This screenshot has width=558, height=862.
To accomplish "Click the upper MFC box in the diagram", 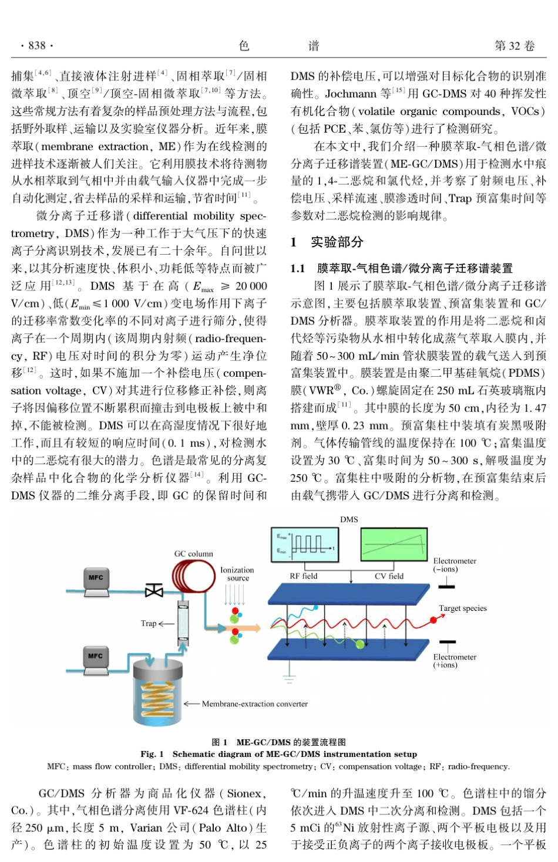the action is click(x=96, y=578).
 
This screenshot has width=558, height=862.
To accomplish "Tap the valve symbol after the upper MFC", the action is click(x=154, y=590).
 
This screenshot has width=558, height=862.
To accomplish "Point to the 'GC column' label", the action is click(x=193, y=553).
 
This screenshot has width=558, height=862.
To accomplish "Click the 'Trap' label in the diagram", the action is click(x=149, y=623).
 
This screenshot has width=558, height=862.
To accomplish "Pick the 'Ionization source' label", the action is click(x=237, y=574).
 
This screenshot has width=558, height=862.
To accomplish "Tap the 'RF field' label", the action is click(x=303, y=576).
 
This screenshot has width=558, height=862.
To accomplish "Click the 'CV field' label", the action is click(x=389, y=576).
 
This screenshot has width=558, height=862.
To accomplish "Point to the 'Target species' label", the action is click(x=463, y=609).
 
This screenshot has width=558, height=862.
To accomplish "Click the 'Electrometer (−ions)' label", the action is click(x=455, y=565).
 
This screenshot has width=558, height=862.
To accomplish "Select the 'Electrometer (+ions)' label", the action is click(x=455, y=661).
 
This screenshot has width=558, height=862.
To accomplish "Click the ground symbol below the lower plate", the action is click(x=288, y=679).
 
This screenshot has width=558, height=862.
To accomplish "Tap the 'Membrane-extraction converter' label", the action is click(x=254, y=704).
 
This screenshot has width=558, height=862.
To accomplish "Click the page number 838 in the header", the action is click(x=36, y=46).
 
